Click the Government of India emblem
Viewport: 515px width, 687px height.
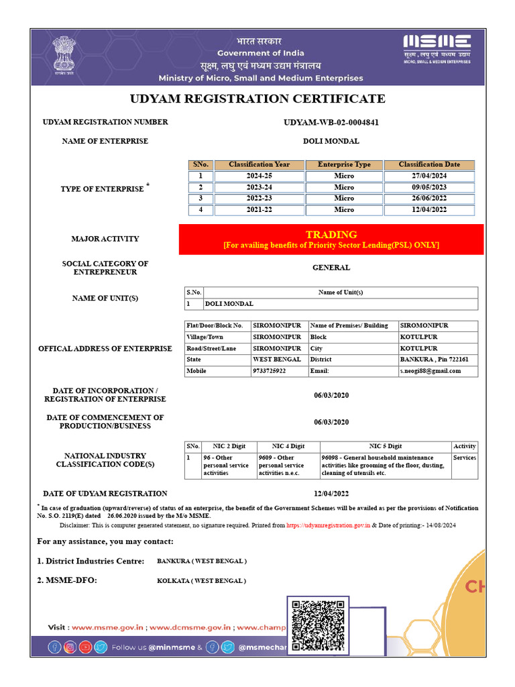(x=66, y=58)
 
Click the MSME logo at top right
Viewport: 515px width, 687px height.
(x=437, y=48)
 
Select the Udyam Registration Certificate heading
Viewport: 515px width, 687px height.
(x=257, y=99)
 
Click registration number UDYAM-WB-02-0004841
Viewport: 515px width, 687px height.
(x=331, y=122)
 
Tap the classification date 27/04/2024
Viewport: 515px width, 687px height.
(x=429, y=176)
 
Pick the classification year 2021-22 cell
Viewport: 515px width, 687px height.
(x=259, y=210)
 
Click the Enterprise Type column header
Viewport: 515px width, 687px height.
(x=344, y=164)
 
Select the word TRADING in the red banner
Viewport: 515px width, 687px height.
(x=331, y=234)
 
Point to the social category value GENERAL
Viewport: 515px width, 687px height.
(x=331, y=268)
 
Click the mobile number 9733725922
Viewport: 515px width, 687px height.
(x=270, y=371)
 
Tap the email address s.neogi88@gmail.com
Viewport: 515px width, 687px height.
(x=431, y=371)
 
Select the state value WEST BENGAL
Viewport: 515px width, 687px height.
(x=276, y=360)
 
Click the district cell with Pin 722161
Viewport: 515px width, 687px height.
(x=434, y=360)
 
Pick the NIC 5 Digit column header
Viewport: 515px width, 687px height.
(x=386, y=446)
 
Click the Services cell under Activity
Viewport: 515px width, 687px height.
(x=465, y=458)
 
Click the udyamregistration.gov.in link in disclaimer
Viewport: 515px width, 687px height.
(x=329, y=526)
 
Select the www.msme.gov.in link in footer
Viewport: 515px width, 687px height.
(x=108, y=627)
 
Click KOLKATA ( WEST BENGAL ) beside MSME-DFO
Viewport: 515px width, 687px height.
(x=201, y=580)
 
